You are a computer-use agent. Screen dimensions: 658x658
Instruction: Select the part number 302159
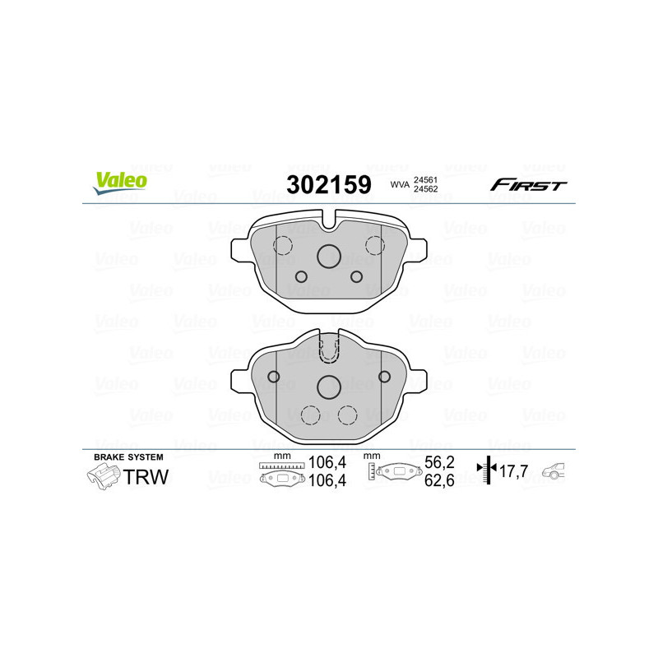[x=328, y=184]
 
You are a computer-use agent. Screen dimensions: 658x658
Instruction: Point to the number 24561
[x=424, y=179]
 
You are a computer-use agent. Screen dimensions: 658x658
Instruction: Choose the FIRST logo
[x=528, y=185]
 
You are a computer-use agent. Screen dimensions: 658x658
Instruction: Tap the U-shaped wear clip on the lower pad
[x=329, y=349]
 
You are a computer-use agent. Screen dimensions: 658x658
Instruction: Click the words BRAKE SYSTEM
[x=128, y=456]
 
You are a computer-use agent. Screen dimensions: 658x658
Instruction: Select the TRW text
[x=146, y=476]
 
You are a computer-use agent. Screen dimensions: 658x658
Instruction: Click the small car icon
[x=558, y=470]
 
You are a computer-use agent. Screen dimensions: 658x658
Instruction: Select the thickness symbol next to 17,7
[x=489, y=470]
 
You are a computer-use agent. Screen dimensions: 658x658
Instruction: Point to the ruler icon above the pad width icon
[x=281, y=466]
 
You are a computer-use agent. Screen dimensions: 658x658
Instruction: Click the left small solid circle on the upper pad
[x=300, y=276]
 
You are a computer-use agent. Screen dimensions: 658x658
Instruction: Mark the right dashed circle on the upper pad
[x=375, y=245]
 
